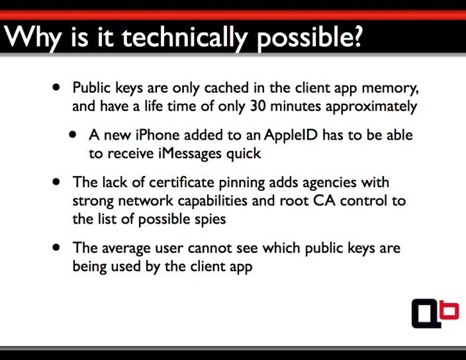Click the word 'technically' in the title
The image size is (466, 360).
184,38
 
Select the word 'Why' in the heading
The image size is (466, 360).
32,38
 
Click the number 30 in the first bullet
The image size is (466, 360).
257,106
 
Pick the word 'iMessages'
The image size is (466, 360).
190,154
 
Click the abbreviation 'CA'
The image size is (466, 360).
324,201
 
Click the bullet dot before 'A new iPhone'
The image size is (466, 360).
73,135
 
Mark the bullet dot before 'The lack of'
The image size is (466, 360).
56,182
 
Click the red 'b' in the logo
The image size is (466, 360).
449,310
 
